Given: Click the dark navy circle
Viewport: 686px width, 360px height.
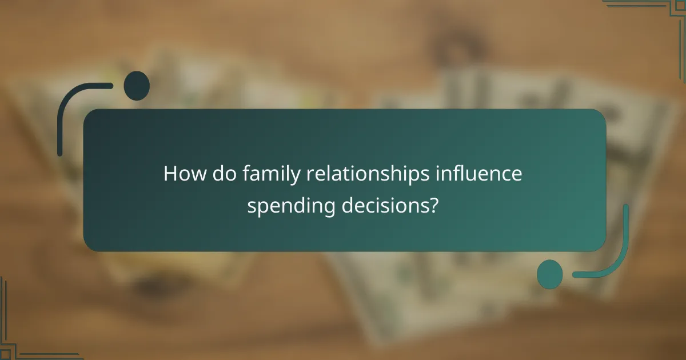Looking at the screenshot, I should (x=137, y=86).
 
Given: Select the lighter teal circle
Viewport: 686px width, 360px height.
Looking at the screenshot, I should (x=550, y=274).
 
